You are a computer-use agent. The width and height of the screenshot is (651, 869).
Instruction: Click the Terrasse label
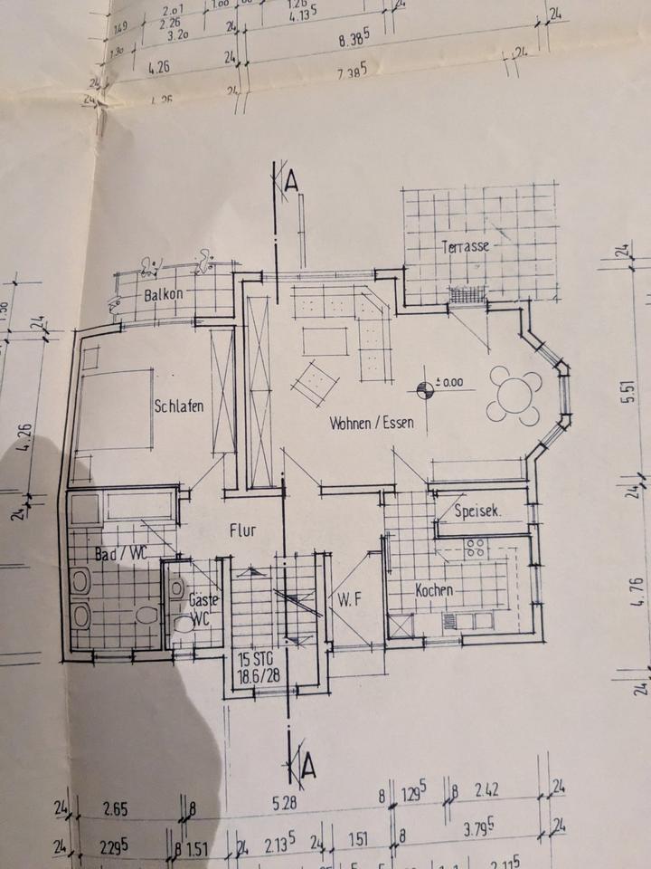point(465,247)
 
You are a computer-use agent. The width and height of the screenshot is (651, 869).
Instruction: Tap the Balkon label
point(164,294)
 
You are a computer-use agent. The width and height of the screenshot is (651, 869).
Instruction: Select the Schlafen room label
point(177,406)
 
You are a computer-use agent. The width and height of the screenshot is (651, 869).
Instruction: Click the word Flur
point(243,531)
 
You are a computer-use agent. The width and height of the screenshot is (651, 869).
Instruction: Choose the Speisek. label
point(478,511)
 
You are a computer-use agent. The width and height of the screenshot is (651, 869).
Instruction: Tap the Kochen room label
point(433,590)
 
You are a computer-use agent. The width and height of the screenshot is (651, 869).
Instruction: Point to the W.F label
point(351,598)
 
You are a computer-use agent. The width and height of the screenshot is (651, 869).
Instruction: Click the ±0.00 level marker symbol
point(425,389)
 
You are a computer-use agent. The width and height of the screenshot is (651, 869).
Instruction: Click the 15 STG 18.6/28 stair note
point(257,666)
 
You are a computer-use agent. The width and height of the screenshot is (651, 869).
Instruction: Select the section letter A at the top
point(290,180)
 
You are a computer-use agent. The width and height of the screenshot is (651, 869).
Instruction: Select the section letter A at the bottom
point(308,768)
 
